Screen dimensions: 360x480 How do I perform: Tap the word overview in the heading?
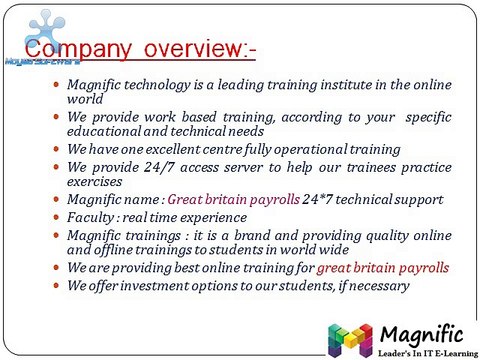coord(185,49)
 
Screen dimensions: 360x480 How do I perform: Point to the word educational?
coord(109,131)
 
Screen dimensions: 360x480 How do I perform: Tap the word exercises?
coord(98,181)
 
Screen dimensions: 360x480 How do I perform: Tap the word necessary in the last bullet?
coord(375,285)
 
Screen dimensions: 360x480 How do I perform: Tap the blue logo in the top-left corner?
coord(40,30)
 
